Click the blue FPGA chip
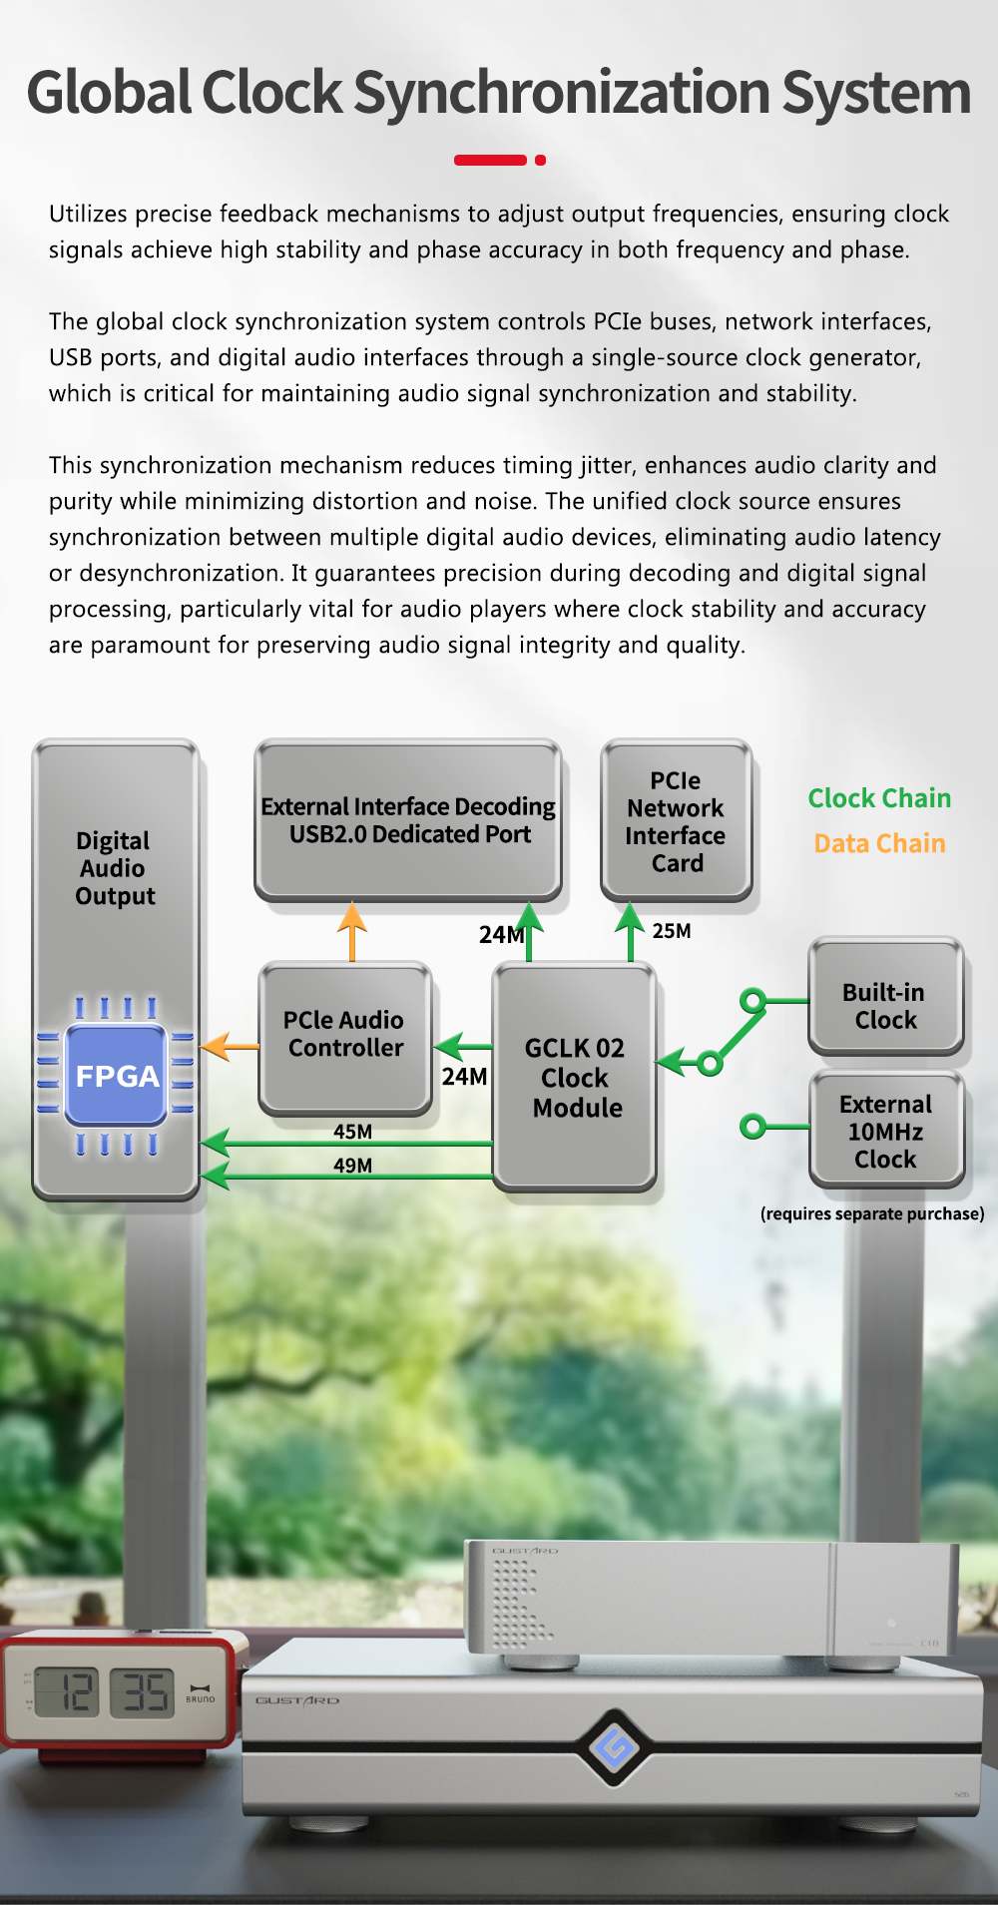point(116,1075)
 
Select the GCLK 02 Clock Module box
point(575,1077)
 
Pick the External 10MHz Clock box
point(885,1131)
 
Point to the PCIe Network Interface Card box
point(676,820)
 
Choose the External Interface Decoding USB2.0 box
point(408,820)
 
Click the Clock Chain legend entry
point(879,798)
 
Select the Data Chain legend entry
point(879,843)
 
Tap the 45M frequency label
point(352,1132)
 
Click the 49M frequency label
point(352,1166)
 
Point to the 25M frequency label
point(672,931)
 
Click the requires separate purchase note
point(872,1213)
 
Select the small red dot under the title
point(540,160)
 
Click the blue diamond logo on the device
point(614,1746)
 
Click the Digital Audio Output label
point(115,868)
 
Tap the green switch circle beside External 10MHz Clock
point(753,1128)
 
